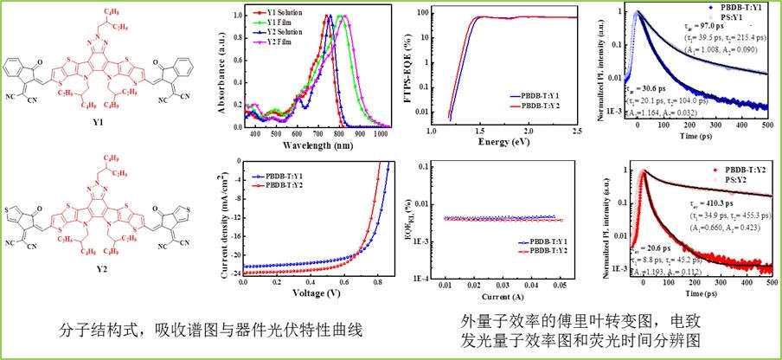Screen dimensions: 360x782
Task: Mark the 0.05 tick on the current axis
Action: pyautogui.click(x=562, y=283)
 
